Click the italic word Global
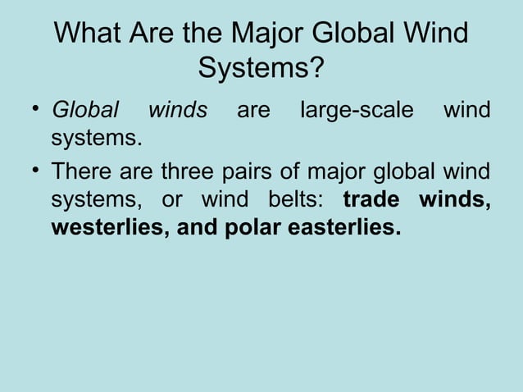85,110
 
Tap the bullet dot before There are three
35,172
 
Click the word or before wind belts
170,200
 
